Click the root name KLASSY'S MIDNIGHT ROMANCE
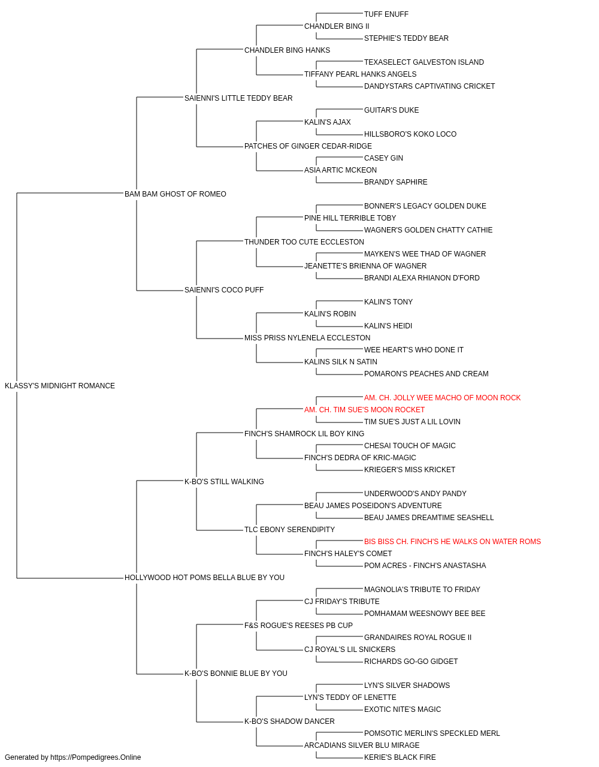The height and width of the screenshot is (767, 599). (60, 386)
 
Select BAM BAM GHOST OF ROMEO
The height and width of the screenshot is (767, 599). (176, 194)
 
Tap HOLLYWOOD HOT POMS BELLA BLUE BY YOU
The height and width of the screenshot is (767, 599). (204, 578)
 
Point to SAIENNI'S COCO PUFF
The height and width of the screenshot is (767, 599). (224, 290)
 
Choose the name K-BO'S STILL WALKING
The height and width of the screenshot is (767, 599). (224, 481)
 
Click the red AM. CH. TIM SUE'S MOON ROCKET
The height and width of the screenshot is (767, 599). (364, 410)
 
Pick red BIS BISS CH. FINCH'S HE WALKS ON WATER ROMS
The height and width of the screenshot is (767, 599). (452, 542)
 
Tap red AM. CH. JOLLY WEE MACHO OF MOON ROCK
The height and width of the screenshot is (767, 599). (443, 398)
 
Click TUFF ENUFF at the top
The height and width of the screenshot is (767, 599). (386, 14)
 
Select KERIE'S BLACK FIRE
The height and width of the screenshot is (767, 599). (400, 757)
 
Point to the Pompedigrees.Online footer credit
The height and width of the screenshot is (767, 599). (72, 757)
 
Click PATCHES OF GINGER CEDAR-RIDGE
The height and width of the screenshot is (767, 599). (308, 146)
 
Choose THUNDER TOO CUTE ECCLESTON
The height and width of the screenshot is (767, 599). (304, 241)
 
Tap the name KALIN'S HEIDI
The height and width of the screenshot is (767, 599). (388, 326)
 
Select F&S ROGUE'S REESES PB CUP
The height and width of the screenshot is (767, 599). (298, 626)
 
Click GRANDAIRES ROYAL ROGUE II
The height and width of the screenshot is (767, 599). (418, 638)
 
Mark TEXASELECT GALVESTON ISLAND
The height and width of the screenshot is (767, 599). (424, 62)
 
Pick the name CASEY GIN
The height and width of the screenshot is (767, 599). (383, 158)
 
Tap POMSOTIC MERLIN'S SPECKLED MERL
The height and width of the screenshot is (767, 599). (432, 733)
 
